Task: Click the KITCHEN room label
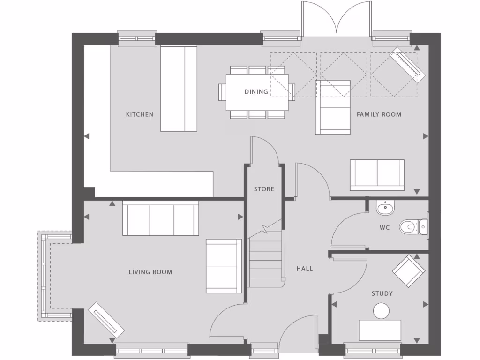(139, 114)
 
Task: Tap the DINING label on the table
(256, 92)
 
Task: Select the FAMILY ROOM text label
(379, 114)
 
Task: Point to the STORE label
(264, 189)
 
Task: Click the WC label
(385, 228)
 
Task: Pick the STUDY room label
(382, 294)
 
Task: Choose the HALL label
(304, 269)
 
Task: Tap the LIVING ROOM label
(150, 272)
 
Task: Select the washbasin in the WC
(385, 207)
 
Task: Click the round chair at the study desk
(381, 310)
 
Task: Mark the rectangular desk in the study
(380, 330)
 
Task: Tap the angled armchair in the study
(409, 271)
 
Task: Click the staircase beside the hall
(266, 258)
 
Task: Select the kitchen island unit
(179, 89)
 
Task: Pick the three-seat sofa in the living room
(160, 218)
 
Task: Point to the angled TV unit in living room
(106, 320)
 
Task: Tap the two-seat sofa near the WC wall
(377, 175)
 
